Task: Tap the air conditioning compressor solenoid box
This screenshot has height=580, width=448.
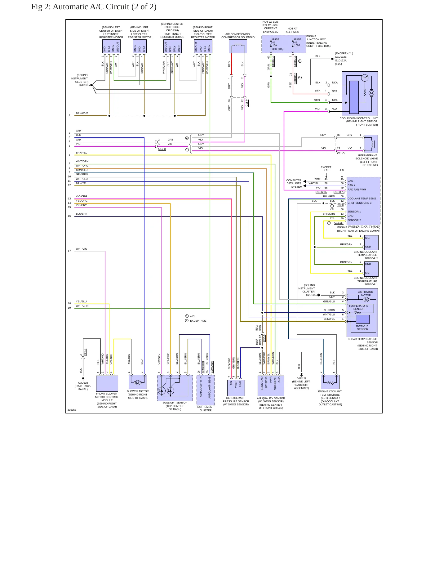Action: click(x=238, y=46)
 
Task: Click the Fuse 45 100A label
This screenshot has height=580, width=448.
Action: click(x=297, y=42)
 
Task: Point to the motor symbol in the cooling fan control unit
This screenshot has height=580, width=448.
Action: click(x=371, y=93)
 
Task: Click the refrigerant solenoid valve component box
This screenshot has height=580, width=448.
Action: click(x=371, y=144)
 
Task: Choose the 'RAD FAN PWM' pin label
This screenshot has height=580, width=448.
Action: click(x=357, y=190)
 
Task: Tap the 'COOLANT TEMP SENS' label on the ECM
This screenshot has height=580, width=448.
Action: click(x=362, y=199)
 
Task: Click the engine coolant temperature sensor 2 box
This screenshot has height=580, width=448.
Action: click(x=371, y=243)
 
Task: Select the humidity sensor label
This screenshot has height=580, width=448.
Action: click(x=362, y=328)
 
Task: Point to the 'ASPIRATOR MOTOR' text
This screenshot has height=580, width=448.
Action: click(x=366, y=293)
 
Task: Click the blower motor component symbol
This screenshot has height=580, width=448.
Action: click(x=138, y=382)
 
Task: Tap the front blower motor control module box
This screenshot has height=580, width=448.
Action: click(x=107, y=383)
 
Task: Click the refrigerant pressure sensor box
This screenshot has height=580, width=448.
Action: click(x=236, y=388)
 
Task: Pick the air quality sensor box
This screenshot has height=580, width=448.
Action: click(x=271, y=386)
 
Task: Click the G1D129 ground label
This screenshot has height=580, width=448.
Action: click(x=301, y=378)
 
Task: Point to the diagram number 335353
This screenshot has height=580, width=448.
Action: click(x=72, y=410)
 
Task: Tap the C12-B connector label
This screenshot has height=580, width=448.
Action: click(x=162, y=149)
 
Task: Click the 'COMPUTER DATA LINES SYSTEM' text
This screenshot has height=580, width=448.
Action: click(x=294, y=183)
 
